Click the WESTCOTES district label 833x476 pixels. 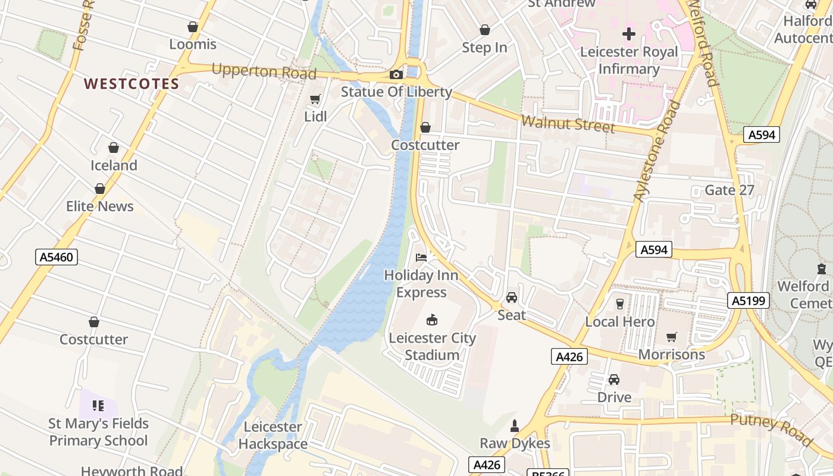tap(131, 84)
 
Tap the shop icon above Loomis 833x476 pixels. tap(193, 27)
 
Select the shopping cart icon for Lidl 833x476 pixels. tap(315, 99)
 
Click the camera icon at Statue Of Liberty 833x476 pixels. tap(396, 74)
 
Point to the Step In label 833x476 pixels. tap(484, 48)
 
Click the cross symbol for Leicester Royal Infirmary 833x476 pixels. tap(629, 34)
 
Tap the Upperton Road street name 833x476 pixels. tap(264, 71)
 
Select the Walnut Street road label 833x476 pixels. tap(568, 124)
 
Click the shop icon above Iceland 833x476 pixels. tap(114, 148)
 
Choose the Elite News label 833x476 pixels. tap(100, 206)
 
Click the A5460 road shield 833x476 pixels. tap(57, 257)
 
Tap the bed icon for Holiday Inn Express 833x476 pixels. tap(421, 258)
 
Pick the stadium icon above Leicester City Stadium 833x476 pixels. tap(433, 320)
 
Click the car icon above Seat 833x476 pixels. tap(512, 297)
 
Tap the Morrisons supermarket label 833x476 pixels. tap(671, 355)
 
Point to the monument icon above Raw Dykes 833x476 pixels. tap(515, 426)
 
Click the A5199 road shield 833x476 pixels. tap(748, 300)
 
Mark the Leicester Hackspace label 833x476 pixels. tap(273, 436)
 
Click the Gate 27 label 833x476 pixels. tap(729, 190)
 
